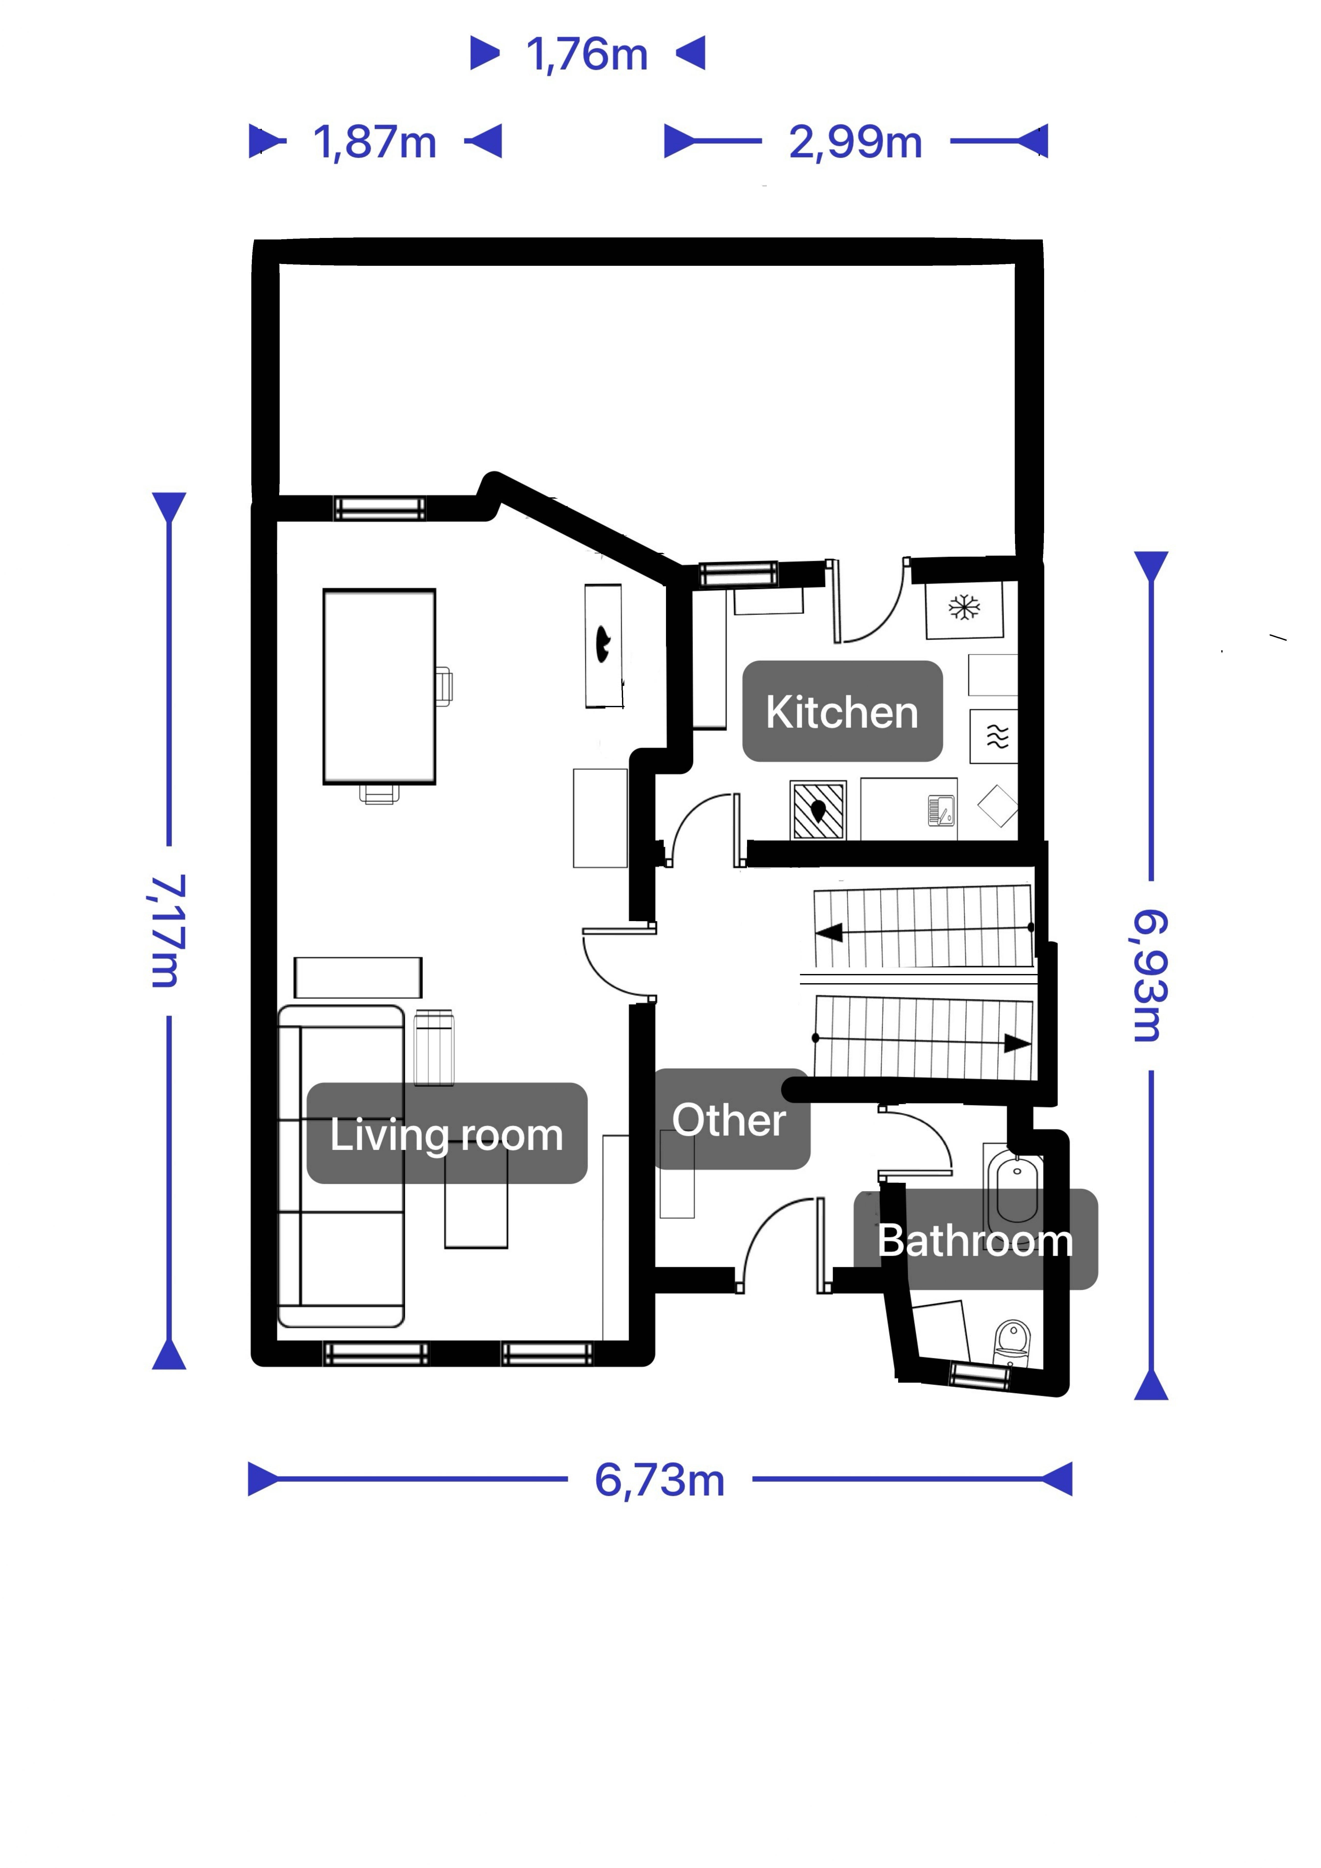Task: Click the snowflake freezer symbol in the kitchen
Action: point(965,607)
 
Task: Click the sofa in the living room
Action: point(341,1166)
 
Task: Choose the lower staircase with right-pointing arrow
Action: point(924,1037)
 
